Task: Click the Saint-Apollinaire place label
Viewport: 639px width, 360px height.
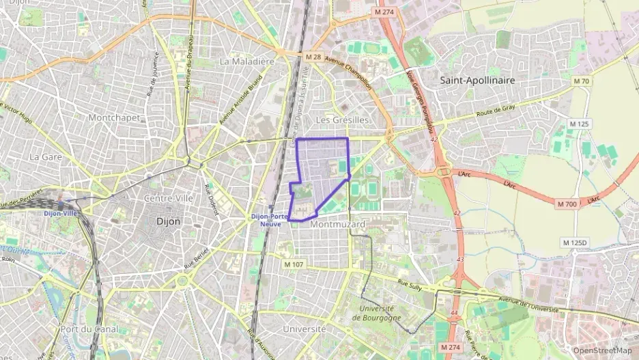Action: [477, 80]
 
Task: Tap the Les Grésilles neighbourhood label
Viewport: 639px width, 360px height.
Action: [343, 120]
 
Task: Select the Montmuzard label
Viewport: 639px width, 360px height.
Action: [337, 224]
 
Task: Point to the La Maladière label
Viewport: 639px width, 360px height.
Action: [246, 61]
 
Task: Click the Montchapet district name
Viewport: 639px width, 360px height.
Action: [114, 117]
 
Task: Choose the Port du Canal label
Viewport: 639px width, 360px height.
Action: [89, 329]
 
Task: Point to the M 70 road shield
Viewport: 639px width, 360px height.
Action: [581, 81]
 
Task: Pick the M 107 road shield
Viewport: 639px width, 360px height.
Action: [294, 264]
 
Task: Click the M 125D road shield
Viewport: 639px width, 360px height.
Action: [576, 243]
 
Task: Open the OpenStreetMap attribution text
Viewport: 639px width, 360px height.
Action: [602, 350]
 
